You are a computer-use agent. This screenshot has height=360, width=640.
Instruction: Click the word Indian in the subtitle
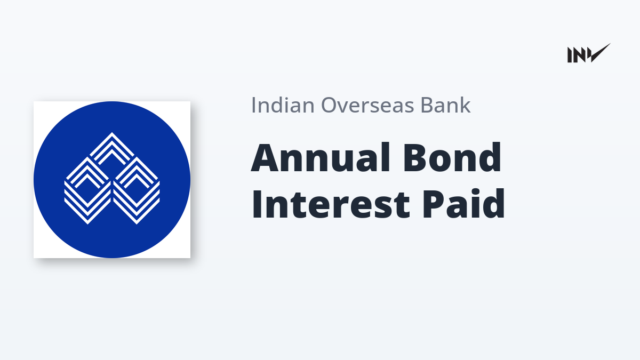(283, 105)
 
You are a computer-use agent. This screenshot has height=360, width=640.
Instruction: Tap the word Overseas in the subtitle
(367, 105)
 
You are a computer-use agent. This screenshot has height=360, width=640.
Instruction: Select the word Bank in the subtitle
(446, 105)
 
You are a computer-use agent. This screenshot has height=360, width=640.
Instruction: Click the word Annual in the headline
(321, 157)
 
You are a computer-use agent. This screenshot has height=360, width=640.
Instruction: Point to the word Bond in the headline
(452, 157)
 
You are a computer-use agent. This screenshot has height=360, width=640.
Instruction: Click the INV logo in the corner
(589, 53)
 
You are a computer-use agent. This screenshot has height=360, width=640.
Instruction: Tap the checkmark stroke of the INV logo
(600, 53)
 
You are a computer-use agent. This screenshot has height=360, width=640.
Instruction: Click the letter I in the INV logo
(570, 55)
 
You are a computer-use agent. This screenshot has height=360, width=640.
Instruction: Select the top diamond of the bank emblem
(111, 149)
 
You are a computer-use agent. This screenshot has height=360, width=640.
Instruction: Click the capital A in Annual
(265, 157)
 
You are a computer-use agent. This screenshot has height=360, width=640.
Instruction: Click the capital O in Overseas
(330, 105)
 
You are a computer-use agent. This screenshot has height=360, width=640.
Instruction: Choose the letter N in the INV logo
(579, 55)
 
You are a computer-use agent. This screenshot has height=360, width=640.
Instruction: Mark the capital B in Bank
(427, 105)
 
